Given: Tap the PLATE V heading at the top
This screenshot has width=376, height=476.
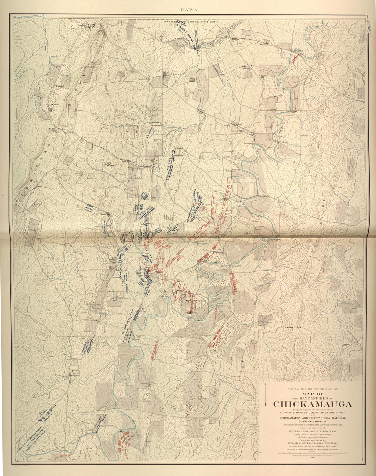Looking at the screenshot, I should (188, 10).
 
